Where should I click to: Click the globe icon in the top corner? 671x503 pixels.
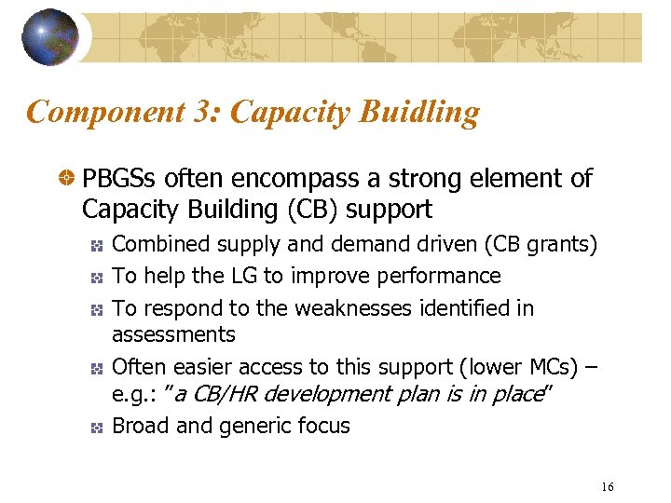coord(49,37)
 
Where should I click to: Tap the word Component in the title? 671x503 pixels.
coord(107,113)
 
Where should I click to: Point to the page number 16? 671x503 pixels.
coord(608,487)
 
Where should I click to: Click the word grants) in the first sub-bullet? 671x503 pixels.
coord(562,245)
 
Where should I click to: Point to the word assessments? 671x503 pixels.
coord(173,333)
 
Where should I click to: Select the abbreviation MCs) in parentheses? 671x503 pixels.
coord(552,367)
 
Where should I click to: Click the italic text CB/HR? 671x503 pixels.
coord(226,394)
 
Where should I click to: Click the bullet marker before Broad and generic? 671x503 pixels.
coord(97,428)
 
